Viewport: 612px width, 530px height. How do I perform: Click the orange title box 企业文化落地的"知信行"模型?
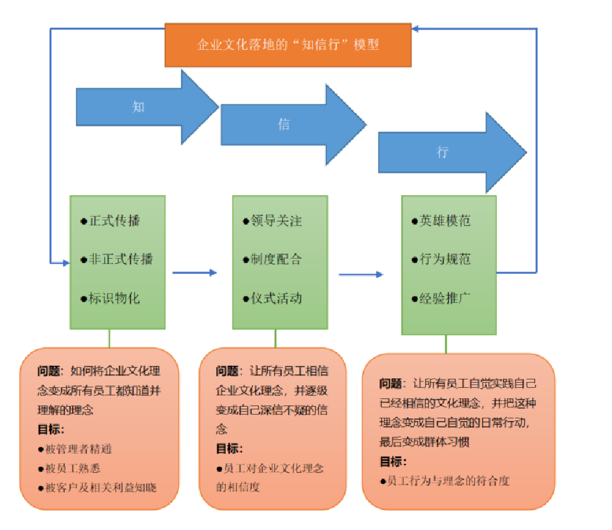[288, 45]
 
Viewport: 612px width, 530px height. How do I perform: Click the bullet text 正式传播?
[114, 221]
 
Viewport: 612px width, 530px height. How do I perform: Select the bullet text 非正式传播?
[121, 259]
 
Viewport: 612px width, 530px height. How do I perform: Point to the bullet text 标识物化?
[114, 298]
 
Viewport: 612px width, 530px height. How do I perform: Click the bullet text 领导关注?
[276, 221]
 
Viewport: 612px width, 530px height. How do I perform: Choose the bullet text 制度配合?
[276, 259]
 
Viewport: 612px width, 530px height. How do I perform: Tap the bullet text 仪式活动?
[276, 298]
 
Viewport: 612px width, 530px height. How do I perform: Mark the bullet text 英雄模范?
[445, 221]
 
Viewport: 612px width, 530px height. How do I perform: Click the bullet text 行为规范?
[445, 259]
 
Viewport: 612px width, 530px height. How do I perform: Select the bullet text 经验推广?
[445, 298]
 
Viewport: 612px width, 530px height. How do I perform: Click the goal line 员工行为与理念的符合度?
[448, 481]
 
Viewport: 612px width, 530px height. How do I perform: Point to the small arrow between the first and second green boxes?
[195, 272]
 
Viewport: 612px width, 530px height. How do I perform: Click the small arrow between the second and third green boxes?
[361, 274]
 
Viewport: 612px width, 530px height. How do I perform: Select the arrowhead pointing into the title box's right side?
[416, 29]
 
